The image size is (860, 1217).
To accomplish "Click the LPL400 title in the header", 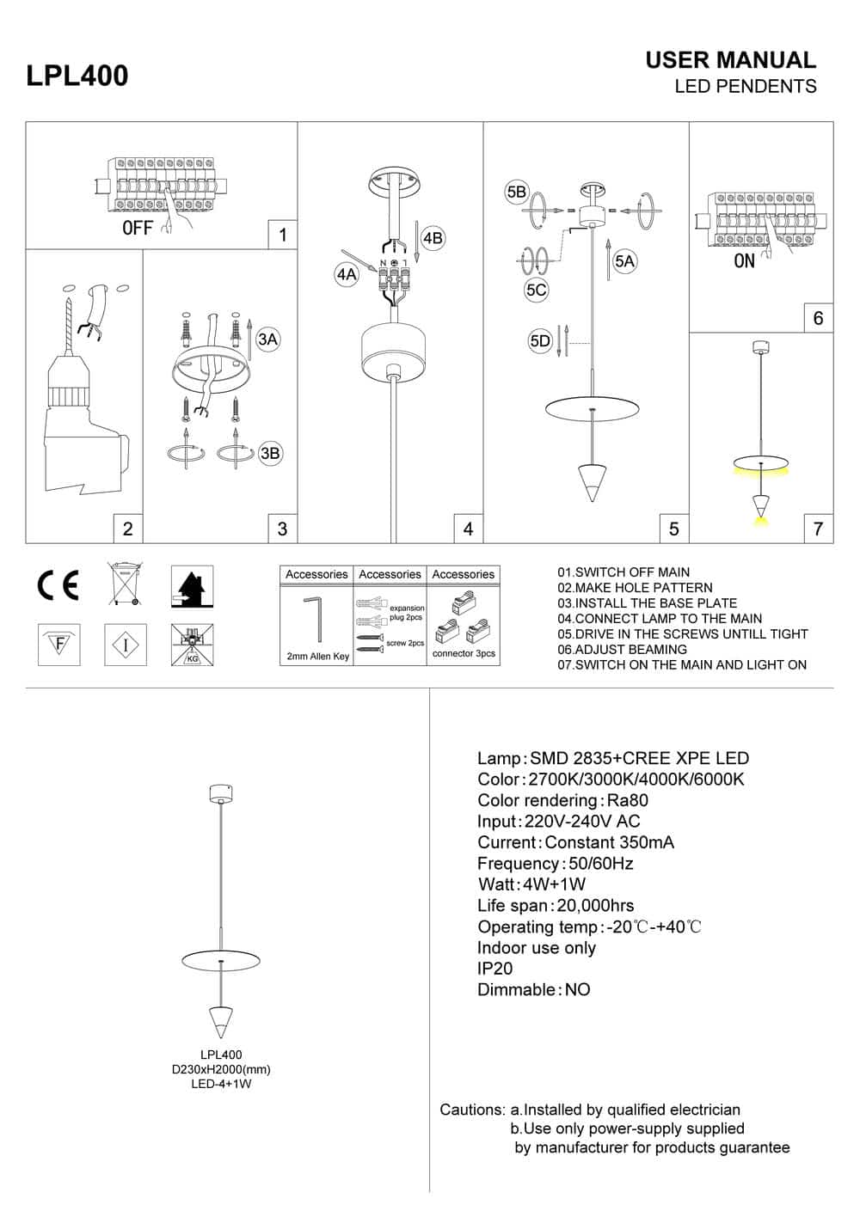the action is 77,76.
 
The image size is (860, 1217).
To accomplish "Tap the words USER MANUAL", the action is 730,60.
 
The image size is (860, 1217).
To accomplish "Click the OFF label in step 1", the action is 138,228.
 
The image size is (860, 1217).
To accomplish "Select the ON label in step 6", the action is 744,261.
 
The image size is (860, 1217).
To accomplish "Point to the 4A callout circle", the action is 347,274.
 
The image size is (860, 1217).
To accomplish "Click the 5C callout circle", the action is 537,290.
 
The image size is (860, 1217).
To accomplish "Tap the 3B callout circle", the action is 270,453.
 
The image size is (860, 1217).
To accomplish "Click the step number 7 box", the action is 818,529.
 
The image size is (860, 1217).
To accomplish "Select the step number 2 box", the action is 128,529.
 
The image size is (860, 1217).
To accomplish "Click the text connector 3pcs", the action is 464,653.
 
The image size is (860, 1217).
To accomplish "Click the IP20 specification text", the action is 494,969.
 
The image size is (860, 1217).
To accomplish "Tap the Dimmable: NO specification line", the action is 534,989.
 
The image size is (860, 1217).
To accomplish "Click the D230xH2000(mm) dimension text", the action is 221,1069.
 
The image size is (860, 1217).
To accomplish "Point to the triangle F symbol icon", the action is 59,643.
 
